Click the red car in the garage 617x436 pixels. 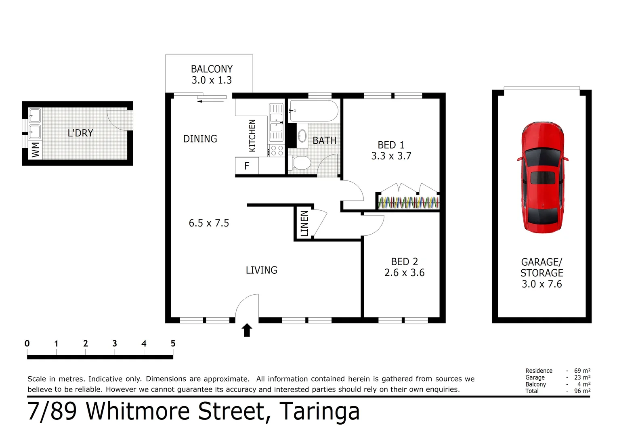coord(542,178)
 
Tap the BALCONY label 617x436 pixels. coord(212,69)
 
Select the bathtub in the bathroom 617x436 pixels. coord(313,111)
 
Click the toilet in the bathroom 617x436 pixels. coord(300,163)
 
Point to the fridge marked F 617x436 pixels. coord(247,166)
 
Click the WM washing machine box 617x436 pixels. coord(35,149)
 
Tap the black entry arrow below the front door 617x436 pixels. coord(247,330)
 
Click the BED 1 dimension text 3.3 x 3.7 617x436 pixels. coord(391,156)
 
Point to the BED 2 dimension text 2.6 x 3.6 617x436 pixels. coord(404,273)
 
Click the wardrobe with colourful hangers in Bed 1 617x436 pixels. coord(408,202)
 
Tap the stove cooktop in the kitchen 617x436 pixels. coord(277,151)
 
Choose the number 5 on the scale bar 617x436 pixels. coord(173,344)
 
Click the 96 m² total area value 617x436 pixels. coord(582,391)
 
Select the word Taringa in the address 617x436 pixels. coord(319,411)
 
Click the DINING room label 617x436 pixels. coord(200,139)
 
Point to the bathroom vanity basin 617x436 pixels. coord(302,136)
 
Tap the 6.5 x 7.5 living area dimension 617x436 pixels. coord(209,223)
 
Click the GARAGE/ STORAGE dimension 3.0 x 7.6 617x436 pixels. coord(541,284)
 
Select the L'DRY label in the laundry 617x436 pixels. coord(80,133)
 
